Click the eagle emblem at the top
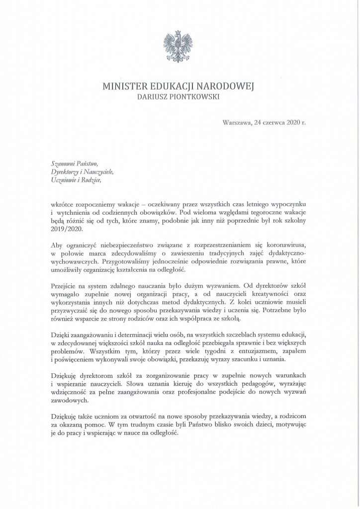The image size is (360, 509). [x=180, y=45]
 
